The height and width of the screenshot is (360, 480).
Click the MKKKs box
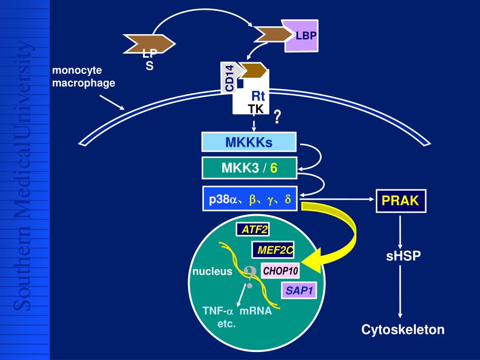point(249,142)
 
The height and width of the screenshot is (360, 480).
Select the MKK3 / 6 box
point(249,168)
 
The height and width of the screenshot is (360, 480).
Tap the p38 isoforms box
point(250,200)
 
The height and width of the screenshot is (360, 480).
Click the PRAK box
point(400,201)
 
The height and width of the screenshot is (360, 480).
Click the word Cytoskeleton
point(403,330)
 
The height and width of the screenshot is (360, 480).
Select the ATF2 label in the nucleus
point(252,230)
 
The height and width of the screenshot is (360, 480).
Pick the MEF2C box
point(274,250)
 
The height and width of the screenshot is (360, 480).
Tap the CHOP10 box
point(280,271)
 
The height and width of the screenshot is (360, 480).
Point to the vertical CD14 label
point(230,78)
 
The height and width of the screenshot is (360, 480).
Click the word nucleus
point(212,271)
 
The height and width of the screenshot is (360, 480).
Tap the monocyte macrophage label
point(83,76)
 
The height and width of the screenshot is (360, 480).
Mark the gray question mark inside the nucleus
point(250,277)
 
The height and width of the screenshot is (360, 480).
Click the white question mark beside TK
point(277,117)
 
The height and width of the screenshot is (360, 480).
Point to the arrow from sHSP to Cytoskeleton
point(400,293)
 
